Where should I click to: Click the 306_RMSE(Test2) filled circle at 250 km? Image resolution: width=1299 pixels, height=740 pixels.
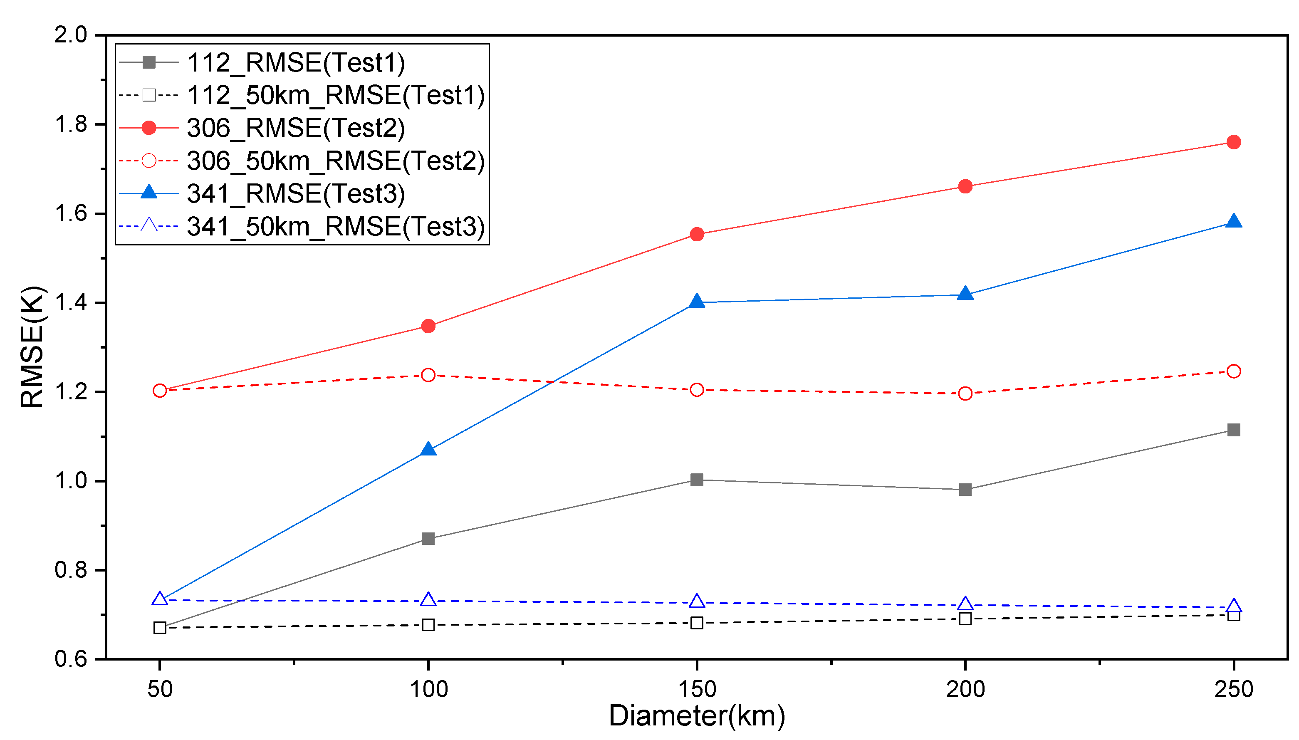[x=1233, y=142]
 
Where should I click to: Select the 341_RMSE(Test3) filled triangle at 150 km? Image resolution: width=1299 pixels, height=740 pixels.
[x=697, y=302]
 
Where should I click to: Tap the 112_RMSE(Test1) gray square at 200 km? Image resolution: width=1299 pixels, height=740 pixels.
[x=965, y=490]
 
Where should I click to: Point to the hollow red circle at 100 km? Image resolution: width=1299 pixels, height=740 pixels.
[x=428, y=375]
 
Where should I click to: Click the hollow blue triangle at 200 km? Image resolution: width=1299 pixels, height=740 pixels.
[x=965, y=604]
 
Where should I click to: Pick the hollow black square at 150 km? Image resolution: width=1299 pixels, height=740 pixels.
[x=697, y=623]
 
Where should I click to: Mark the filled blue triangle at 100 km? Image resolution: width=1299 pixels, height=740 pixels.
[x=428, y=449]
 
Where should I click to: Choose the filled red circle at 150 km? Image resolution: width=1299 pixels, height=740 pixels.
[x=697, y=234]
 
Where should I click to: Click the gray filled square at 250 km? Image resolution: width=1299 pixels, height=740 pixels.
[x=1233, y=430]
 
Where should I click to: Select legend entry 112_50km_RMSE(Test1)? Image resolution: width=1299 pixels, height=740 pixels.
[x=335, y=95]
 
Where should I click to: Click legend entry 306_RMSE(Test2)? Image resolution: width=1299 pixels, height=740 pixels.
[x=296, y=128]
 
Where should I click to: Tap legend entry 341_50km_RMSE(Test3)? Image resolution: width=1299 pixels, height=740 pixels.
[x=335, y=226]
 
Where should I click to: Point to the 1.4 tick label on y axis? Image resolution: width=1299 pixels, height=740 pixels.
[x=71, y=302]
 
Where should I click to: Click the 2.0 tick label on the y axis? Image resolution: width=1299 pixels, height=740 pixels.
[x=71, y=35]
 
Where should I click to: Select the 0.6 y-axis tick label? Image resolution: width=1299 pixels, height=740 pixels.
[x=71, y=659]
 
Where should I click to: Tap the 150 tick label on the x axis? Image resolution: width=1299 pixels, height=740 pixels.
[x=697, y=689]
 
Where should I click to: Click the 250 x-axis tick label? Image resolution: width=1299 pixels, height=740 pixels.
[x=1233, y=689]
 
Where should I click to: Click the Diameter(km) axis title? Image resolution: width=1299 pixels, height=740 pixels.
[x=697, y=715]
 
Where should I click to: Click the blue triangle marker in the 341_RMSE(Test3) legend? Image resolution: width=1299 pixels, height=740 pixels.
[x=149, y=193]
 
